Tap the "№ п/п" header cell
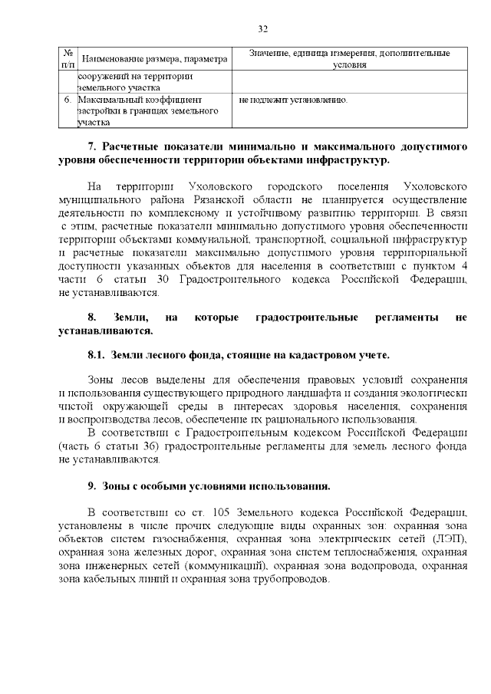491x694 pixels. pos(67,59)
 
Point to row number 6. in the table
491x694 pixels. pos(68,100)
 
